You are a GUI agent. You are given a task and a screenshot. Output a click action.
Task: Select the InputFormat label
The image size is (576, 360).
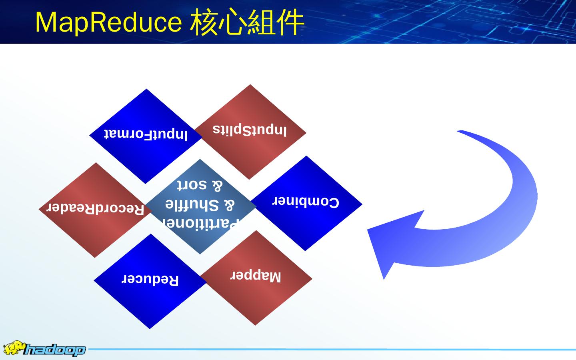146,134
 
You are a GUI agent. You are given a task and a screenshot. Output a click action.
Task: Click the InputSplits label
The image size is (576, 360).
250,130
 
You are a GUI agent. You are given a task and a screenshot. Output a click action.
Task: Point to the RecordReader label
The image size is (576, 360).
96,208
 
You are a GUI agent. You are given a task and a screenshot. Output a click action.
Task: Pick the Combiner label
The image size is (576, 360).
306,202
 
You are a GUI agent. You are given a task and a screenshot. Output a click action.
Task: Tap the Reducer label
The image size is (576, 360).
150,279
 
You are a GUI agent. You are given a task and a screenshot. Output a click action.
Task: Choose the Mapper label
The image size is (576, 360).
256,276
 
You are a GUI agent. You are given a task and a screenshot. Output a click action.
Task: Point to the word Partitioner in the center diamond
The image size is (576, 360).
200,223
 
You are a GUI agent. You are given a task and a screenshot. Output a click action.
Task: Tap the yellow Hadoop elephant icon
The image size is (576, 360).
13,348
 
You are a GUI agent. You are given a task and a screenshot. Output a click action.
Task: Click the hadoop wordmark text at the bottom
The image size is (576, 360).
54,350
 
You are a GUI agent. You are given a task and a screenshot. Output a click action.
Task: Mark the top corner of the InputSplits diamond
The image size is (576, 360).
250,85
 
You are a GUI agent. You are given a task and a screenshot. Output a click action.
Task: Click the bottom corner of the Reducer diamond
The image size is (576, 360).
150,328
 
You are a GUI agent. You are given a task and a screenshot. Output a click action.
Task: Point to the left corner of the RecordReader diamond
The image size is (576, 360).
39,209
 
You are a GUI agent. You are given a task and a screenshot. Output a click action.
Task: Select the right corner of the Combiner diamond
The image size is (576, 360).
362,204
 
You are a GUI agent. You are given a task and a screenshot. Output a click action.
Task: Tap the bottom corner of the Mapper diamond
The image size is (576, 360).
256,325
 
